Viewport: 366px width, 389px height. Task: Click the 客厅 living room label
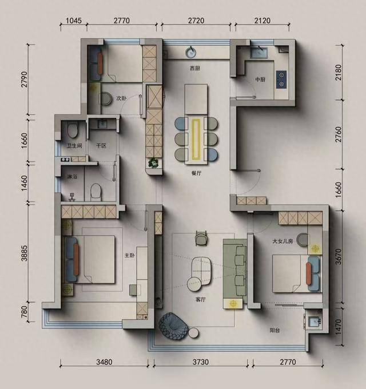point(201,299)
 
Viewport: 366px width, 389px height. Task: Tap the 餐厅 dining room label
point(196,173)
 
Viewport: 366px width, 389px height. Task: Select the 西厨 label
point(195,68)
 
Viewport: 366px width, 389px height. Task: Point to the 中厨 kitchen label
point(260,80)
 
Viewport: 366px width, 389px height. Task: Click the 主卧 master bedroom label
point(129,255)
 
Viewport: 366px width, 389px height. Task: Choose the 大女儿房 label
point(283,241)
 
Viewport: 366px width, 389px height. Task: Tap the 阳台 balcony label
point(274,330)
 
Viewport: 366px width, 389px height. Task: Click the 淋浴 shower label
point(72,177)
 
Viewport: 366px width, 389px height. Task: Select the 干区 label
point(101,146)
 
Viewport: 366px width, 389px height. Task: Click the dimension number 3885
point(24,253)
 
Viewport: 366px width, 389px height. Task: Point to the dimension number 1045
point(74,21)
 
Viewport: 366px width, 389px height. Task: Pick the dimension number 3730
point(201,362)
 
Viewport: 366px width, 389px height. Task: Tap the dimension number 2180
point(338,73)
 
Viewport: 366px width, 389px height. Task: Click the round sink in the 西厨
point(190,53)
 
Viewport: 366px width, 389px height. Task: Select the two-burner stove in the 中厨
point(281,80)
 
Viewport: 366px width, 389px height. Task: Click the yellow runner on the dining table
point(196,139)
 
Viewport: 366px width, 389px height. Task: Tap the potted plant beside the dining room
point(153,163)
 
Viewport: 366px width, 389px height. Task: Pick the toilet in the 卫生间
point(73,130)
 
